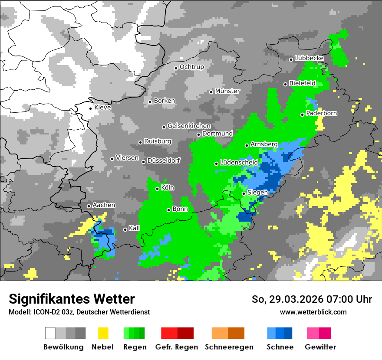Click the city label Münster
(x=227, y=91)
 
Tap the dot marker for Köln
(x=158, y=189)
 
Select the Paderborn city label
(x=322, y=114)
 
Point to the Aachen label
(x=104, y=205)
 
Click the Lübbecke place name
(x=309, y=58)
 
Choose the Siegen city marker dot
(x=244, y=193)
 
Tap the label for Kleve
(x=102, y=108)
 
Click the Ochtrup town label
(x=191, y=67)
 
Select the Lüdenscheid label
(x=239, y=162)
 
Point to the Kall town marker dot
(x=125, y=229)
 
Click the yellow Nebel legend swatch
(x=103, y=333)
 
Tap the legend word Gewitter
(x=320, y=347)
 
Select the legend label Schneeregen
(x=229, y=347)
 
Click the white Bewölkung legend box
(x=50, y=333)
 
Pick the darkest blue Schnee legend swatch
(x=288, y=333)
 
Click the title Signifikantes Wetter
(x=72, y=299)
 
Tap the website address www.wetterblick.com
(x=313, y=312)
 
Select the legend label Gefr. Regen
(x=177, y=347)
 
